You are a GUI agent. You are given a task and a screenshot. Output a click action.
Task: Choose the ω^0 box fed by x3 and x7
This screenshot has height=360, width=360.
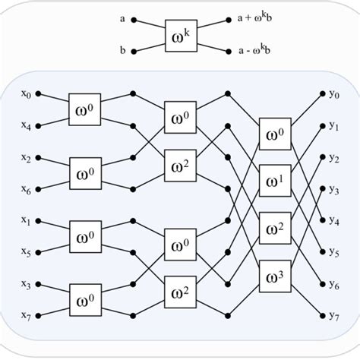85,299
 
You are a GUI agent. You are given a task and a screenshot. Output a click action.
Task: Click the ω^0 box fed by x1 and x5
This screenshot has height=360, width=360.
85,237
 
